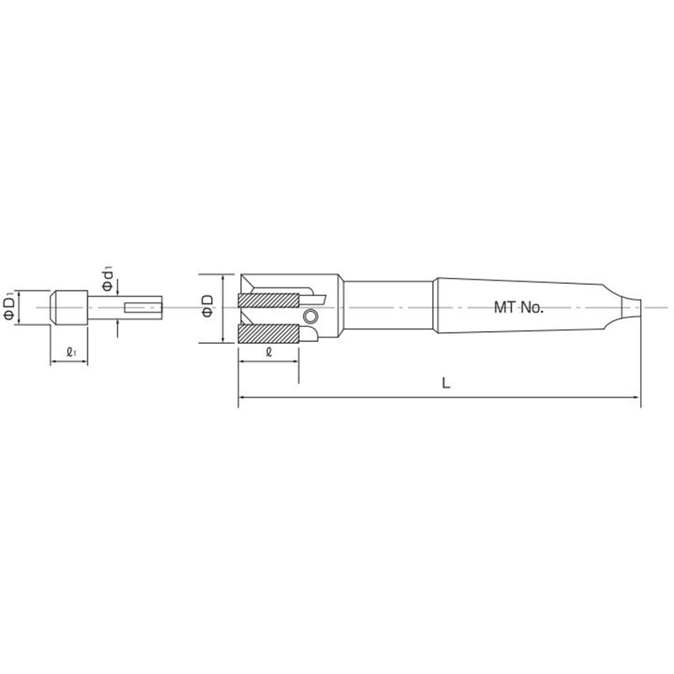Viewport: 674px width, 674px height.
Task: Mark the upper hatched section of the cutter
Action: click(269, 298)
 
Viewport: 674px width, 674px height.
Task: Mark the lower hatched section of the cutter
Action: click(269, 334)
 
